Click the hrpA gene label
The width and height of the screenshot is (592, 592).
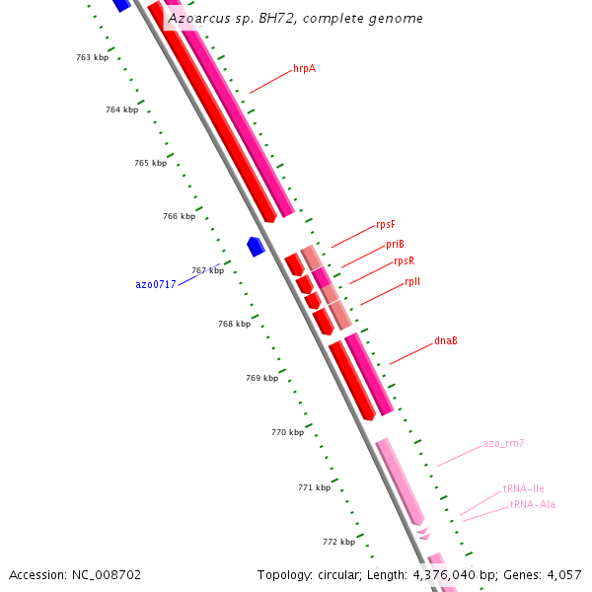tap(304, 69)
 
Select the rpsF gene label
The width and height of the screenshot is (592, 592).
tap(386, 225)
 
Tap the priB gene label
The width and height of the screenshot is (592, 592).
tap(395, 244)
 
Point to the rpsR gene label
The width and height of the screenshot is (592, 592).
tap(404, 261)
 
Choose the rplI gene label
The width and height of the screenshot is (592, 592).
tap(412, 282)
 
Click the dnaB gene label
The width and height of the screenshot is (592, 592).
tap(446, 341)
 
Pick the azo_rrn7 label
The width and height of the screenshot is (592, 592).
tap(503, 444)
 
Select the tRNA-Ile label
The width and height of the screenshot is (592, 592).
tap(523, 488)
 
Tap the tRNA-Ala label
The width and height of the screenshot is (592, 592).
tap(532, 505)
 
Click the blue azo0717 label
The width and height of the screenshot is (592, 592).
tap(156, 284)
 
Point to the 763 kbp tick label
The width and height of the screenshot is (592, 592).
tap(92, 57)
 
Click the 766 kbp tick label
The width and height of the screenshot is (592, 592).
tap(179, 216)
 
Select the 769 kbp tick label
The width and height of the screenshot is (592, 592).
tap(261, 378)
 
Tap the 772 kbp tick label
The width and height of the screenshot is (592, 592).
tap(338, 542)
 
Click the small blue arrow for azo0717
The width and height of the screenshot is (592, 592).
tap(256, 246)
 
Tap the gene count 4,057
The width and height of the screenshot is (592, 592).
tap(563, 574)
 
